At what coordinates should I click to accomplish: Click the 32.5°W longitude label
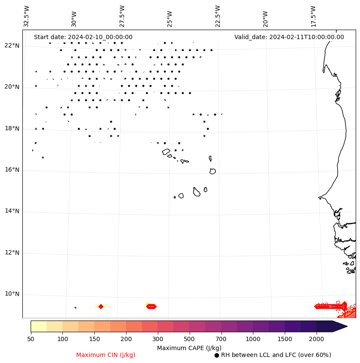click(x=27, y=17)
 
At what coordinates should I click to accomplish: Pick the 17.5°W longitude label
click(x=314, y=17)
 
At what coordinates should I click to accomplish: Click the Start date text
click(x=83, y=37)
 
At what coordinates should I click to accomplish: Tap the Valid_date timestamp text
click(x=289, y=37)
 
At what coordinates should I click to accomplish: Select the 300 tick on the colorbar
click(x=158, y=339)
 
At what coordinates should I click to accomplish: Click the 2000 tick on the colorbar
click(x=317, y=339)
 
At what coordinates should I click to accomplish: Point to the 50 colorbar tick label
click(x=31, y=339)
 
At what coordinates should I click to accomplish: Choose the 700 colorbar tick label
click(x=221, y=339)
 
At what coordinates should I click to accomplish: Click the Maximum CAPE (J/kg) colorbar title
click(x=189, y=348)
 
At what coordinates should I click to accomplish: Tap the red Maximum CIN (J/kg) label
click(x=106, y=355)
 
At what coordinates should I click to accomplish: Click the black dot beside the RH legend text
click(x=217, y=355)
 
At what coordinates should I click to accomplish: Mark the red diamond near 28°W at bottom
click(x=101, y=306)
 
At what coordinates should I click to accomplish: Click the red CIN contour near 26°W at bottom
click(x=151, y=306)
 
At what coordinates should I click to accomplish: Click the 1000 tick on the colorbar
click(x=253, y=339)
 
